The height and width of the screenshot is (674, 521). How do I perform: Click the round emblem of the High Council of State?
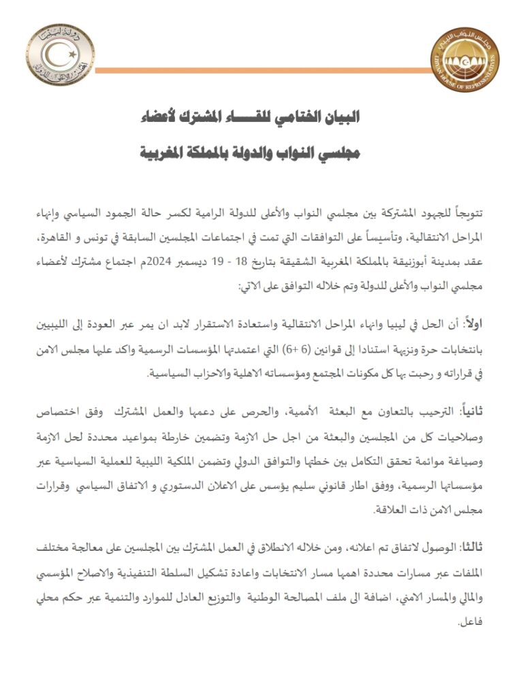point(57,55)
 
